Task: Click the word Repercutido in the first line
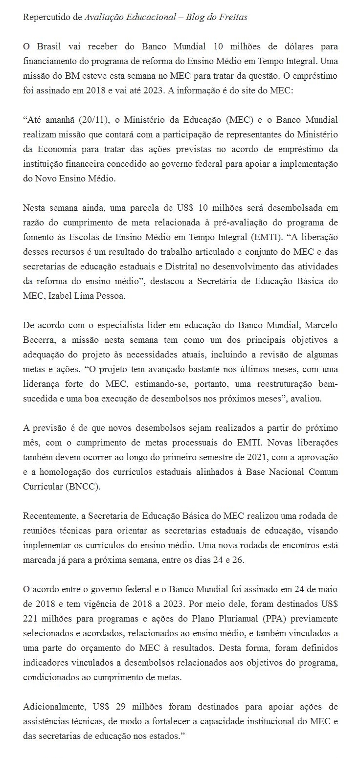46,17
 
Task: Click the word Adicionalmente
52,707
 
